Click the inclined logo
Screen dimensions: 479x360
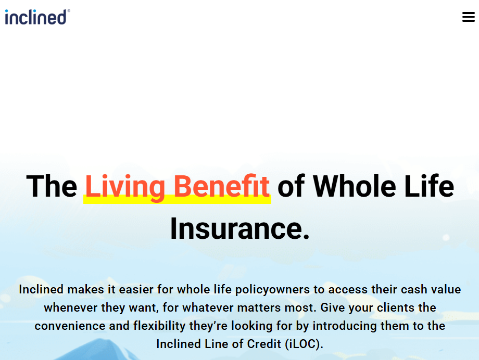tap(37, 17)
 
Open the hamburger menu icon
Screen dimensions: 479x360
tap(468, 17)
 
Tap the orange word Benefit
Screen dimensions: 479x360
tap(221, 186)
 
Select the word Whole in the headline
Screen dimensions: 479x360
tap(355, 186)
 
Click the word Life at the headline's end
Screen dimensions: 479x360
tap(429, 186)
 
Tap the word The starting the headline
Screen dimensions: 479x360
tap(52, 186)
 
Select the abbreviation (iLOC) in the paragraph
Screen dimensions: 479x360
tap(304, 344)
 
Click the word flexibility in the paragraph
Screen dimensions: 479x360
tap(159, 326)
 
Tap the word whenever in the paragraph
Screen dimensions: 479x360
tap(71, 307)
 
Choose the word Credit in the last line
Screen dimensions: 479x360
tap(264, 344)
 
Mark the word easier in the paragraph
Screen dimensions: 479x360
tap(136, 289)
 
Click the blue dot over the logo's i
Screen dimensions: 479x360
tap(7, 11)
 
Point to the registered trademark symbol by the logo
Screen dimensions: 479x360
tap(69, 11)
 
